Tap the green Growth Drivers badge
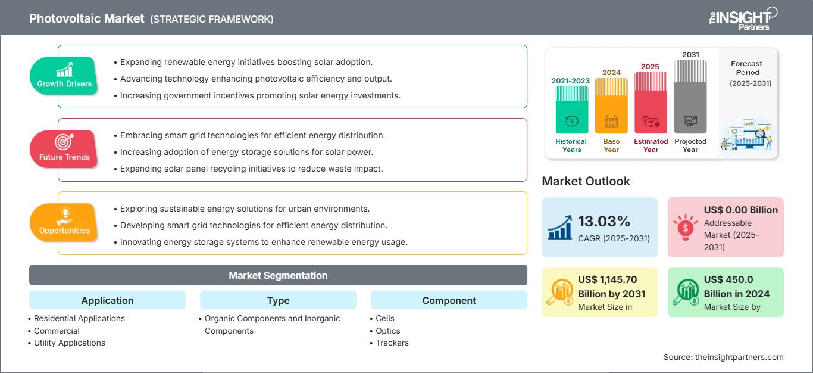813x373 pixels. (x=64, y=76)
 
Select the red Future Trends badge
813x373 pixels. (x=64, y=150)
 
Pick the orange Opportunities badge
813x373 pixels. (x=64, y=223)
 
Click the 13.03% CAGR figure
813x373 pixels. (x=604, y=221)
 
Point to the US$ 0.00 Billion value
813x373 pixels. (x=741, y=210)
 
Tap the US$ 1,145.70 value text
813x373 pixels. (x=607, y=279)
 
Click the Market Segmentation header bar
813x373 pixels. (x=278, y=275)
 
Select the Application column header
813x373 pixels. (x=108, y=300)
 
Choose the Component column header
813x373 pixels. (x=449, y=300)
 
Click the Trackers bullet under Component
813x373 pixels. (x=392, y=343)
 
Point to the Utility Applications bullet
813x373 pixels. (x=69, y=343)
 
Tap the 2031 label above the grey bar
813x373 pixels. (x=690, y=54)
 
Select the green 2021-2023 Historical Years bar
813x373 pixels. (x=571, y=110)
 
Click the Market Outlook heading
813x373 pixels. (x=586, y=181)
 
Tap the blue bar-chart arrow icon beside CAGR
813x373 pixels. (x=560, y=227)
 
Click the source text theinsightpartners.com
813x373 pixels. (x=739, y=357)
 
